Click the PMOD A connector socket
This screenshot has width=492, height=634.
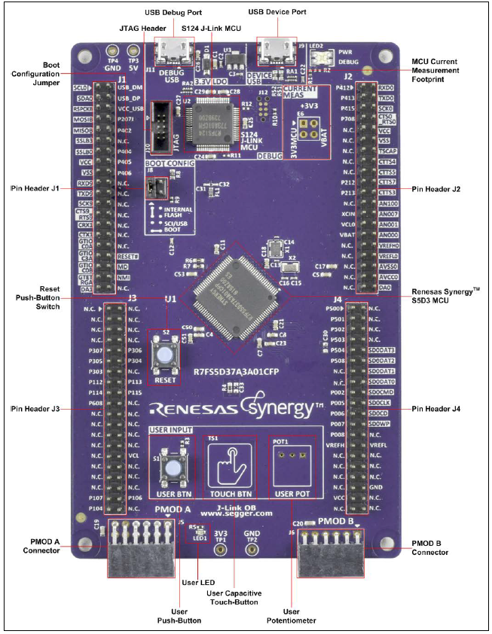[x=142, y=547]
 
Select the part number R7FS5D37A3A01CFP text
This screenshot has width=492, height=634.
[x=237, y=371]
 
